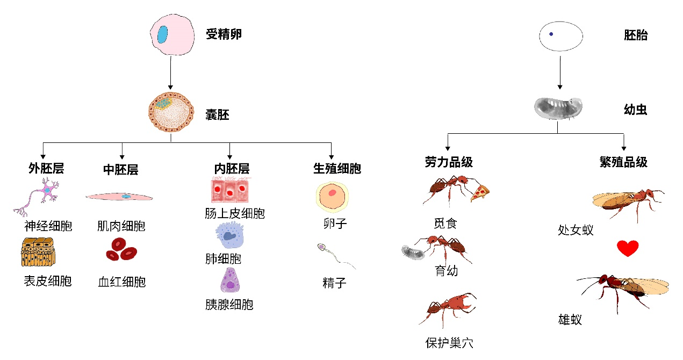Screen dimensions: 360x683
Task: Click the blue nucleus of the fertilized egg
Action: (162, 34)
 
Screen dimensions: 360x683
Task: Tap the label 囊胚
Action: (217, 114)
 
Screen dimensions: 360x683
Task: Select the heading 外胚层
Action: (46, 169)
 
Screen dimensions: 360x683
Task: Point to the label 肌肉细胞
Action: (121, 226)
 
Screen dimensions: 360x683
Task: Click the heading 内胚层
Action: (231, 169)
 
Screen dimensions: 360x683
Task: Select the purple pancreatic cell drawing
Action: (230, 280)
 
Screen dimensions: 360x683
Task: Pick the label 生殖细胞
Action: (337, 169)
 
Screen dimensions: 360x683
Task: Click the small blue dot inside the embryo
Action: (551, 34)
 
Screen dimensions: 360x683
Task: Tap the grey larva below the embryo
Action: (558, 108)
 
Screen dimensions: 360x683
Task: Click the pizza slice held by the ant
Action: (480, 192)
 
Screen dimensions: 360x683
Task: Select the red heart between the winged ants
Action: (627, 248)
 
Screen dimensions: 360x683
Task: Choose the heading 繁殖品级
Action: (623, 162)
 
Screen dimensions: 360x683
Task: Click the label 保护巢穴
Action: (449, 342)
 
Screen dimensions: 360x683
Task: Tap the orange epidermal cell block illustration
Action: (38, 252)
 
